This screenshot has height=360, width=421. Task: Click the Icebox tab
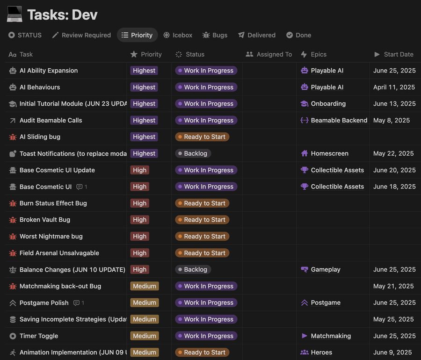[x=178, y=35]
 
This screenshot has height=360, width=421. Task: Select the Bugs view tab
[x=215, y=35]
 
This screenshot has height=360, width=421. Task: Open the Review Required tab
[x=81, y=35]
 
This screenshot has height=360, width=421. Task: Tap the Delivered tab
[x=257, y=35]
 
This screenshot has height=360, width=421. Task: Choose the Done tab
[x=298, y=35]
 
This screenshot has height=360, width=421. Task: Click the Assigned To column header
[x=269, y=54]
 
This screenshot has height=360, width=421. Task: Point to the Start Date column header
[x=394, y=54]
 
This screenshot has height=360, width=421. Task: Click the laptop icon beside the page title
[x=15, y=14]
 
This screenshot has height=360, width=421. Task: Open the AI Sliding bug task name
[x=40, y=137]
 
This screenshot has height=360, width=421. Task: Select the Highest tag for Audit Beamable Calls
[x=144, y=120]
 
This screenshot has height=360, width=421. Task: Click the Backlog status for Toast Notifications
[x=193, y=153]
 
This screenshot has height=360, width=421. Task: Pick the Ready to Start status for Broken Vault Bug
[x=202, y=220]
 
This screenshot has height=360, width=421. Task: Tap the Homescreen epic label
[x=325, y=153]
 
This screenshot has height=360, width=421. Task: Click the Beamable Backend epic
[x=334, y=120]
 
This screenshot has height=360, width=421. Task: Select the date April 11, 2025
[x=394, y=87]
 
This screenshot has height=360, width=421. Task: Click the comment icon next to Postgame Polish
[x=77, y=303]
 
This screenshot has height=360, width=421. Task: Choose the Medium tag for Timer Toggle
[x=145, y=336]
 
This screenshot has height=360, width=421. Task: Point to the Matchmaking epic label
[x=326, y=336]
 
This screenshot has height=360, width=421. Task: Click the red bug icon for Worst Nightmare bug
[x=13, y=237]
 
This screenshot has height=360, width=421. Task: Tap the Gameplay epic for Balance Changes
[x=320, y=269]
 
